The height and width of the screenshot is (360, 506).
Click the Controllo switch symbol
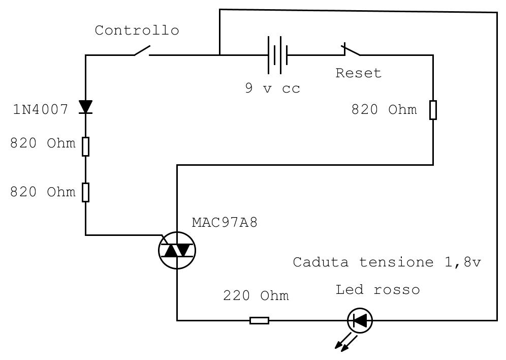point(142,51)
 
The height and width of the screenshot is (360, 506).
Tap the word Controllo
point(137,31)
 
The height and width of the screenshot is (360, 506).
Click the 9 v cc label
point(272,88)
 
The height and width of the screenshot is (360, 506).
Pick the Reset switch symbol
point(351,50)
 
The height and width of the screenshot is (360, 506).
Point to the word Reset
point(358,73)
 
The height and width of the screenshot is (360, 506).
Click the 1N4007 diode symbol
point(85,107)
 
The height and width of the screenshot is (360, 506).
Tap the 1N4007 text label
point(40,109)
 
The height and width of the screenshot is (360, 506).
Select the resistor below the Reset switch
point(433,110)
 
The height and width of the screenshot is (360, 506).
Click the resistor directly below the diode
point(85,146)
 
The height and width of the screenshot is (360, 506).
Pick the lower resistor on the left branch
point(85,192)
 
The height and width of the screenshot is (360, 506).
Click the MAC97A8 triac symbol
point(177,250)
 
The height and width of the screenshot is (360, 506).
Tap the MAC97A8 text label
point(225,223)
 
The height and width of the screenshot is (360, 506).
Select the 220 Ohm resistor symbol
point(259,320)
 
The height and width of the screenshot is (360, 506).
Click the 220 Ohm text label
point(256,296)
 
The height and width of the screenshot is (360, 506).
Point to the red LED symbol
point(360,321)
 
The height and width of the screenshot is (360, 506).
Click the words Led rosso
point(377,290)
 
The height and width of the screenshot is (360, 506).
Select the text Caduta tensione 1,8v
point(387,263)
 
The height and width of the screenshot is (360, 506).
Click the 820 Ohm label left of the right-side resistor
point(384,110)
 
